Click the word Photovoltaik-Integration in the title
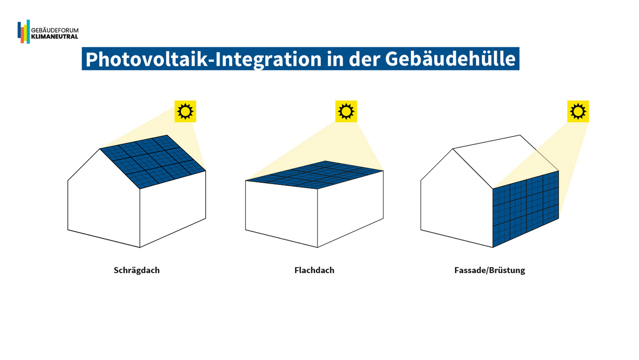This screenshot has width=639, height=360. coord(204,59)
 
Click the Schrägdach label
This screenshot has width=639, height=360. coord(137,270)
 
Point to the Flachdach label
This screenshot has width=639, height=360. coord(314,270)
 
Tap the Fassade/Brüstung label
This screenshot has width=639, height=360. coord(490,270)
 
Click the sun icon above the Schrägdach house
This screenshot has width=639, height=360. coord(185,111)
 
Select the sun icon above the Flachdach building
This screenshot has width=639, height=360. coord(346,111)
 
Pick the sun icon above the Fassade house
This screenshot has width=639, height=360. coord(578,111)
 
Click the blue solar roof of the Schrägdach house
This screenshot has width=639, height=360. coord(153,162)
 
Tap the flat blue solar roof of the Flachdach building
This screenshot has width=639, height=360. coord(315,175)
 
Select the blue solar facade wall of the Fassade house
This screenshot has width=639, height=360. coord(526,209)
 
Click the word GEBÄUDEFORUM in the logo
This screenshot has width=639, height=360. coord(55,30)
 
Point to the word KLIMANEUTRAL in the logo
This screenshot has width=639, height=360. coord(54,36)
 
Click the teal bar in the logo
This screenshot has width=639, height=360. coord(28,31)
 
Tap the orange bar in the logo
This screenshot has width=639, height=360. coord(22,35)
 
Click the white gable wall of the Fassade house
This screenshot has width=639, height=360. coord(457,200)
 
